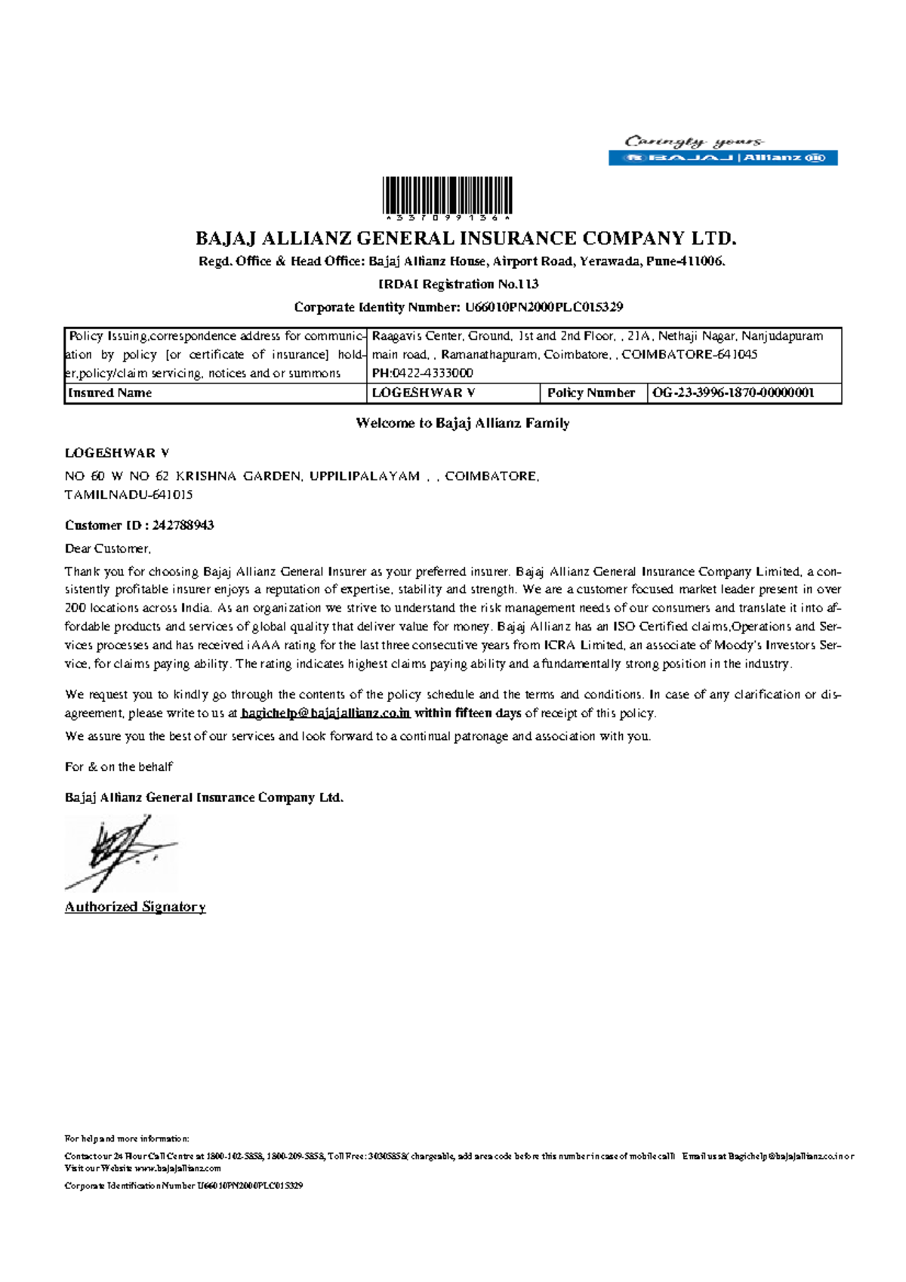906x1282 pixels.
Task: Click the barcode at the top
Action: point(447,196)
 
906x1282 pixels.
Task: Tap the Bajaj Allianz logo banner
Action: point(723,158)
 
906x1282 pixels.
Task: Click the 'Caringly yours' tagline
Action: point(693,141)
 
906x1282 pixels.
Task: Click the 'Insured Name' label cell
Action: point(109,393)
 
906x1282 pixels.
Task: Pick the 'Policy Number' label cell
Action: point(590,393)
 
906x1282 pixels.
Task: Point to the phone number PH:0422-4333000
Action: point(423,373)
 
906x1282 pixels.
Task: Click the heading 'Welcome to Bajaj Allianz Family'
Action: point(462,424)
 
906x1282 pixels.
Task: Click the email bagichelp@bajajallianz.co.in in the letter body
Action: point(325,713)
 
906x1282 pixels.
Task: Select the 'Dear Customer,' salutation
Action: point(108,549)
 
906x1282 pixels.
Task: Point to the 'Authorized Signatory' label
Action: point(135,907)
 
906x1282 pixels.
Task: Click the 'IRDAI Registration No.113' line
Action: point(458,285)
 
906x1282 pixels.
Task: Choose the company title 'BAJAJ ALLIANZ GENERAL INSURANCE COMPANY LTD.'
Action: point(465,239)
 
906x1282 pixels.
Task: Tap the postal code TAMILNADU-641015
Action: point(128,495)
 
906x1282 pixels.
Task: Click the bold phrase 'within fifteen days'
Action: point(468,713)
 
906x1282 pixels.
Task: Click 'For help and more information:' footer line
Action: point(127,1139)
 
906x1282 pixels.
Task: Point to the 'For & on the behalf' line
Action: point(119,767)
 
